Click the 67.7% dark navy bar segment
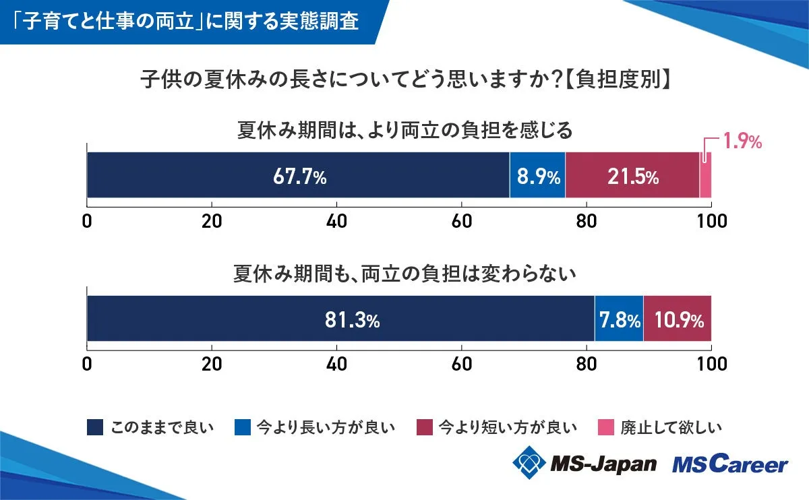[298, 175]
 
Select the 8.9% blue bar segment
[537, 175]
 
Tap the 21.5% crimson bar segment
[632, 175]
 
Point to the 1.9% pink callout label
[742, 142]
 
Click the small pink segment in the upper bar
[705, 175]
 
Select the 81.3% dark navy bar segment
[340, 319]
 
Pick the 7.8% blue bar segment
[619, 319]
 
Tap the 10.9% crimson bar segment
[677, 319]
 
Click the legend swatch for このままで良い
[95, 427]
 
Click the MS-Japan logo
[584, 464]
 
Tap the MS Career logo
[729, 464]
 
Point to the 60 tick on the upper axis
[462, 221]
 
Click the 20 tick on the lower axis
[212, 365]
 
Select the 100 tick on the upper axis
[711, 221]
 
